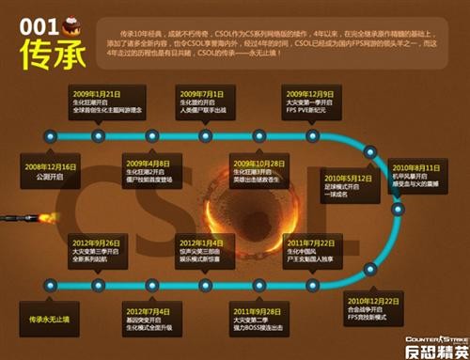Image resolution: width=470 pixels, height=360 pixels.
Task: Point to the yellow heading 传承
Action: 47,55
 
